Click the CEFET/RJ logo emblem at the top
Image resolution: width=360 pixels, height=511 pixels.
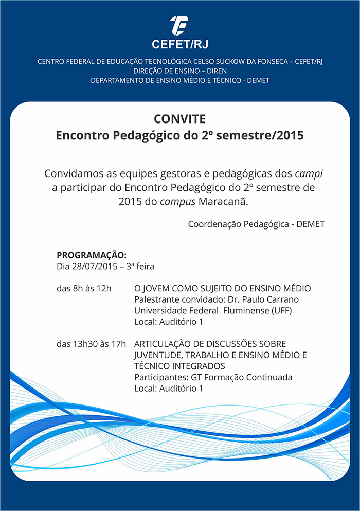[179, 24]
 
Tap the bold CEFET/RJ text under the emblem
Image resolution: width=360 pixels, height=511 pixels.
[179, 44]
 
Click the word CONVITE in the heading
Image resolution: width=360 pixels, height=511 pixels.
[179, 119]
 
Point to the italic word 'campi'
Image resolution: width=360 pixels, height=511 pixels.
[309, 173]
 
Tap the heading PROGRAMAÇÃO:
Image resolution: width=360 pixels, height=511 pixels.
[91, 255]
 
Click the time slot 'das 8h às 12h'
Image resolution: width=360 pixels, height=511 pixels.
[84, 288]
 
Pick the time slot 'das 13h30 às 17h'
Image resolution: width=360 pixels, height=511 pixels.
[91, 344]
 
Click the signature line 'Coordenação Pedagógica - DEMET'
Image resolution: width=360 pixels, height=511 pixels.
[256, 224]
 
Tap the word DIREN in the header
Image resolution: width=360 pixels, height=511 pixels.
[216, 71]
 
